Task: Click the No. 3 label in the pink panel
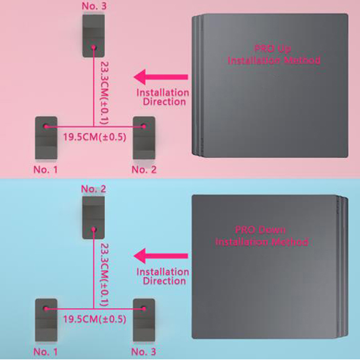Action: click(94, 6)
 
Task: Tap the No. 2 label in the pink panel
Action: click(144, 170)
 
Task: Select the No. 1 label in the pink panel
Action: click(45, 170)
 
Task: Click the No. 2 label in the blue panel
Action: click(94, 189)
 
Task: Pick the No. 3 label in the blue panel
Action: click(144, 352)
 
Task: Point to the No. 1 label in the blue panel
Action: click(45, 352)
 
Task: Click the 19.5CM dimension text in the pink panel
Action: click(94, 137)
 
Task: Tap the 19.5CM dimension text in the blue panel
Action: click(94, 319)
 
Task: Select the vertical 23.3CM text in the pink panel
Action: click(104, 93)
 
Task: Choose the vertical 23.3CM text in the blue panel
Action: click(104, 275)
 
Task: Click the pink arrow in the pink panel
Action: click(161, 77)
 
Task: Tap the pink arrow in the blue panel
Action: click(161, 256)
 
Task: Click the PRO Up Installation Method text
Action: click(274, 54)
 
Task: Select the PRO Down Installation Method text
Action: click(261, 236)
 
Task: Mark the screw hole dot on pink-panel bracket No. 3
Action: click(94, 47)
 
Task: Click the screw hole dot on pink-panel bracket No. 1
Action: click(46, 126)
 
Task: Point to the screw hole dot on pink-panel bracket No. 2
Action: click(144, 126)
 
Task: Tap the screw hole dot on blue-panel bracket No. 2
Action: click(94, 229)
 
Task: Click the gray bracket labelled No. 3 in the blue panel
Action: click(144, 320)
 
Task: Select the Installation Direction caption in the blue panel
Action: click(163, 276)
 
